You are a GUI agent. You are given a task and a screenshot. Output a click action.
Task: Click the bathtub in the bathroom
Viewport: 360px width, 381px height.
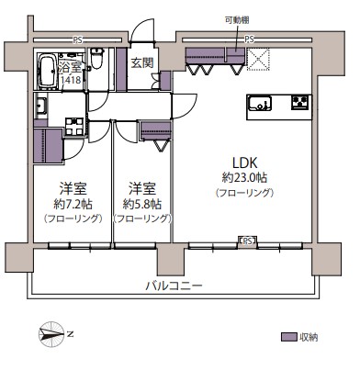[x=47, y=71]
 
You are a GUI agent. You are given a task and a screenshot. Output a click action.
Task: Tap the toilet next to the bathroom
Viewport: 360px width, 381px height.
[x=97, y=58]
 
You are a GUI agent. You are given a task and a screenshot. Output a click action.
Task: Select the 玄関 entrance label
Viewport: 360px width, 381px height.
[x=142, y=62]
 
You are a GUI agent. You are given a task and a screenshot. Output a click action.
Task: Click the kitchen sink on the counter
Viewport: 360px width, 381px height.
[x=260, y=104]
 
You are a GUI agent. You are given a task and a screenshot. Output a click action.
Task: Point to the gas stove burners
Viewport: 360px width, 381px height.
[x=299, y=103]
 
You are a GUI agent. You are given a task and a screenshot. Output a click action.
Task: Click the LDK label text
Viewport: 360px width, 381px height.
[x=244, y=163]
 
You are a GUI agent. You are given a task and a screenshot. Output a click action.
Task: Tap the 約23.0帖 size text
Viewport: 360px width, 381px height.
[x=244, y=177]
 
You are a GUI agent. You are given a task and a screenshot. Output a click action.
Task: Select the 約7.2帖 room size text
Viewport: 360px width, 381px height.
[x=73, y=204]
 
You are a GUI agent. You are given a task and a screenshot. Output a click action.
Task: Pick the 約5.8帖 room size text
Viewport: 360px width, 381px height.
[x=142, y=204]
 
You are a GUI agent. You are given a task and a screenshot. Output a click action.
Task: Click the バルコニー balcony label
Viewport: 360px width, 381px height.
[x=174, y=286]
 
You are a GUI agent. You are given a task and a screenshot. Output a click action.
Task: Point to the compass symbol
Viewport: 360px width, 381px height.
[x=51, y=334]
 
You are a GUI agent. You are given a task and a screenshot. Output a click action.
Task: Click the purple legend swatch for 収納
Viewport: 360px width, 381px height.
[x=289, y=337]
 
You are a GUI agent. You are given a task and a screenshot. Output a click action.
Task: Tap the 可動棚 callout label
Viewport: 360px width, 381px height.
[x=237, y=20]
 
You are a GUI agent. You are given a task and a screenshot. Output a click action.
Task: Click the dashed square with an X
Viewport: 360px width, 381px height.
[x=258, y=60]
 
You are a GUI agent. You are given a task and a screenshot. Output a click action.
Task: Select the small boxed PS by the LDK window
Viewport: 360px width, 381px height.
[x=248, y=241]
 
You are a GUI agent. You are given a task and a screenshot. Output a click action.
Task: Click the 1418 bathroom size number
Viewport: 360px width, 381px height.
[x=71, y=81]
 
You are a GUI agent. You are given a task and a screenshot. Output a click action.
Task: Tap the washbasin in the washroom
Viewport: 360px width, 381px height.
[x=41, y=106]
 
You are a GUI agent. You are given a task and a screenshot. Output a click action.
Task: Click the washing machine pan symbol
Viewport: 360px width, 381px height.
[x=74, y=127]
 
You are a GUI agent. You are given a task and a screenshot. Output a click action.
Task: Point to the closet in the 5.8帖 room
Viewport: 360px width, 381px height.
[x=155, y=130]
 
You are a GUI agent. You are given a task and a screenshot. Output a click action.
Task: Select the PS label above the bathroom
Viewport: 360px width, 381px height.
[x=77, y=40]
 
